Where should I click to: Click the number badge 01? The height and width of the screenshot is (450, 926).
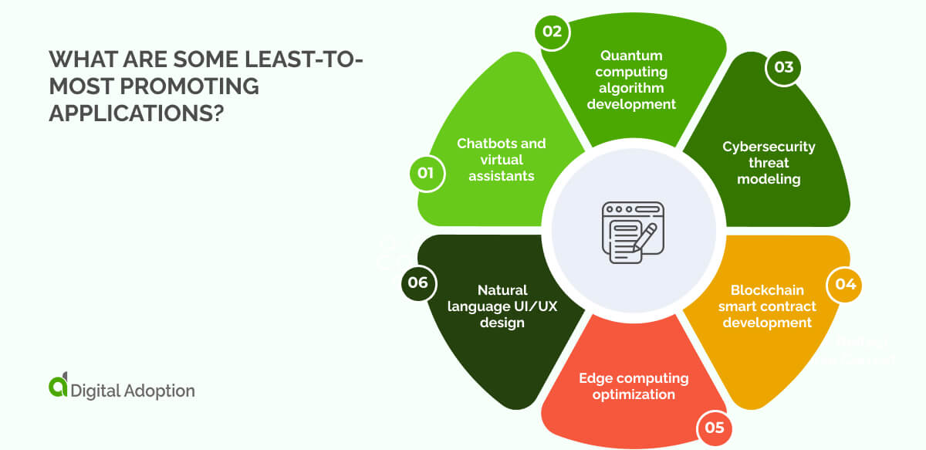tap(425, 173)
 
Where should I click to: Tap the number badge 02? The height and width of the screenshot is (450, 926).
tap(553, 32)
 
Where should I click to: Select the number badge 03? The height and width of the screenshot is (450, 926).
tap(783, 67)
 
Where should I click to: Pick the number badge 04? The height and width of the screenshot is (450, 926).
tap(845, 284)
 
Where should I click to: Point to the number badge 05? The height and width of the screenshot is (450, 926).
tap(715, 427)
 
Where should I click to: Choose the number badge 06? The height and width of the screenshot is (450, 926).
tap(417, 283)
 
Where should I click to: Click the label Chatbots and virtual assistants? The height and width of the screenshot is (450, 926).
tap(501, 159)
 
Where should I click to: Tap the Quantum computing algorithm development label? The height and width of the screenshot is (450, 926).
tap(631, 80)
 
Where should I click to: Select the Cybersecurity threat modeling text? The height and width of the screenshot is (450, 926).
tap(769, 162)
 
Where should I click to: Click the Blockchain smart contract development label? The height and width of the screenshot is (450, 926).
tap(767, 306)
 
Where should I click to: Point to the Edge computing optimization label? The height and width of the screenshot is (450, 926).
tap(634, 386)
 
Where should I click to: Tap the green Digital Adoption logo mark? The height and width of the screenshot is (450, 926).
tap(58, 387)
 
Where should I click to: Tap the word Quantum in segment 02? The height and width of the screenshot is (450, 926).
tap(631, 56)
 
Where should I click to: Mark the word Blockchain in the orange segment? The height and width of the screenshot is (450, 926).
tap(767, 290)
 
